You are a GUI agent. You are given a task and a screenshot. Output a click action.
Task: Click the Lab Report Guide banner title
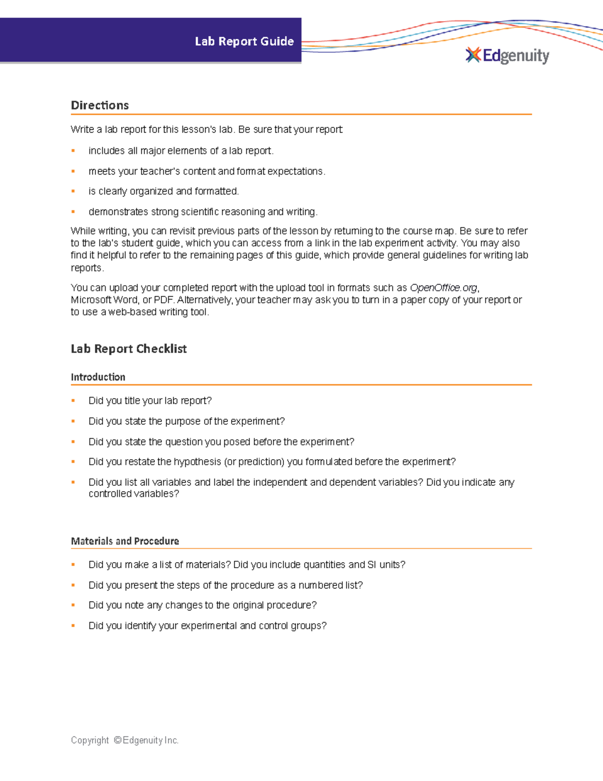(x=244, y=41)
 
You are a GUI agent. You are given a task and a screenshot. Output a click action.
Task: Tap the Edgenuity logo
(x=508, y=55)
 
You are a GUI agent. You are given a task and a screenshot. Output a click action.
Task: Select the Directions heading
(x=100, y=105)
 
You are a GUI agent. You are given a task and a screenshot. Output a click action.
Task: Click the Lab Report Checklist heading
(x=129, y=349)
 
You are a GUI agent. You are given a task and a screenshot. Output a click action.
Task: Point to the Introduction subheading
(x=98, y=377)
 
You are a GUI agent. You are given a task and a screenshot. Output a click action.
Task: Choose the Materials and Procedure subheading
(x=125, y=541)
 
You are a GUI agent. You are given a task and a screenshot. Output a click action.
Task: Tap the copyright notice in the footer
(x=125, y=740)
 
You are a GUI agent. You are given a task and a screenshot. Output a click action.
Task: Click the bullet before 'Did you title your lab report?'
(x=73, y=400)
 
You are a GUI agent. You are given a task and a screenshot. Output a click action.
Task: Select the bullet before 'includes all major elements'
(x=73, y=150)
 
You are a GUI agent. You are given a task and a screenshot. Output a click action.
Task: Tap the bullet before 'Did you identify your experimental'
(x=73, y=626)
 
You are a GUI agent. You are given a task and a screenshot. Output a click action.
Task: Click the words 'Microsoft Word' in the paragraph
(x=105, y=300)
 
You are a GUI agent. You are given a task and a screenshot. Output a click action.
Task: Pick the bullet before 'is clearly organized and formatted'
(x=73, y=191)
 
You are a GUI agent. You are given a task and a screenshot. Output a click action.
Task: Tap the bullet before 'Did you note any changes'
(x=73, y=605)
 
